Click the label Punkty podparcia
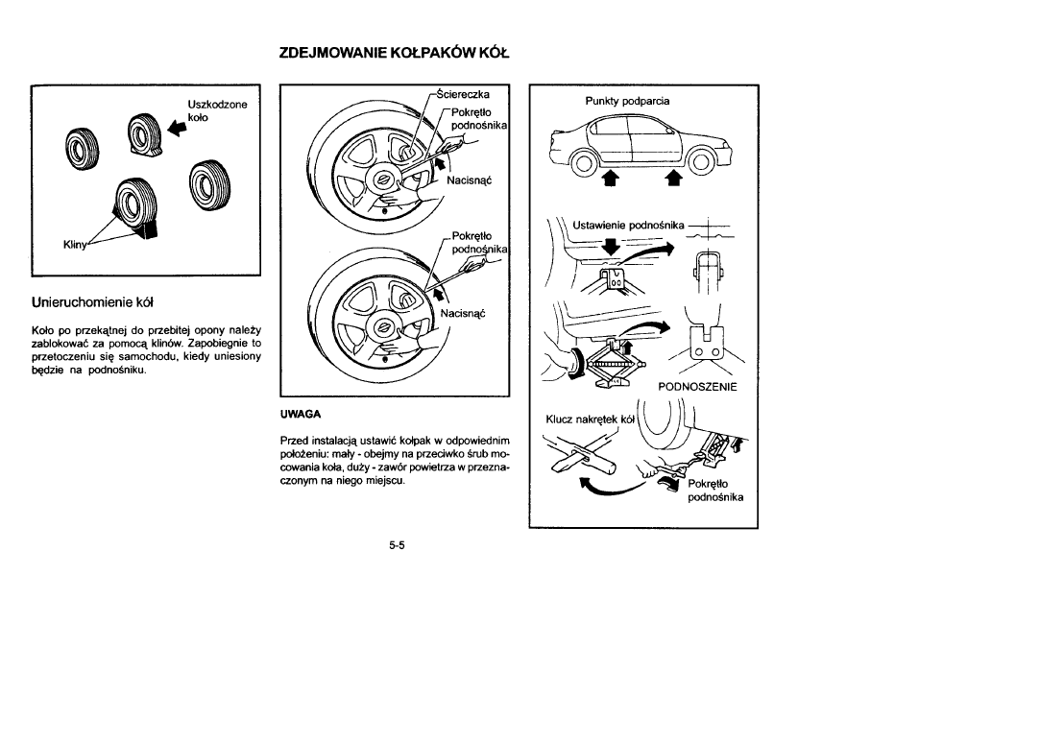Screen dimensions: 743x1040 [x=627, y=101]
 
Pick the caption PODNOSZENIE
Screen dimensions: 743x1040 [x=696, y=387]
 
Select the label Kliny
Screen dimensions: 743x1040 [x=77, y=246]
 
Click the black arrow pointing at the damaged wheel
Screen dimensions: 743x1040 [x=174, y=126]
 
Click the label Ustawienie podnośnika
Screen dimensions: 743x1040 [x=627, y=225]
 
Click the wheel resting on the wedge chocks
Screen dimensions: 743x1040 [x=130, y=204]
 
